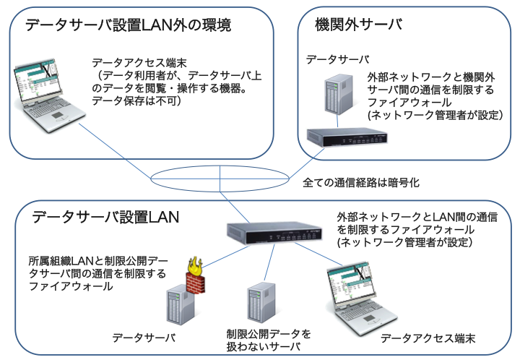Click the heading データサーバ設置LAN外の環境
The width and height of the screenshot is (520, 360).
pyautogui.click(x=128, y=26)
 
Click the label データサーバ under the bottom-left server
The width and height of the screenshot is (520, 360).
pyautogui.click(x=144, y=337)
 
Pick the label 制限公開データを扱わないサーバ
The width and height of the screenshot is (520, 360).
pyautogui.click(x=268, y=340)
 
